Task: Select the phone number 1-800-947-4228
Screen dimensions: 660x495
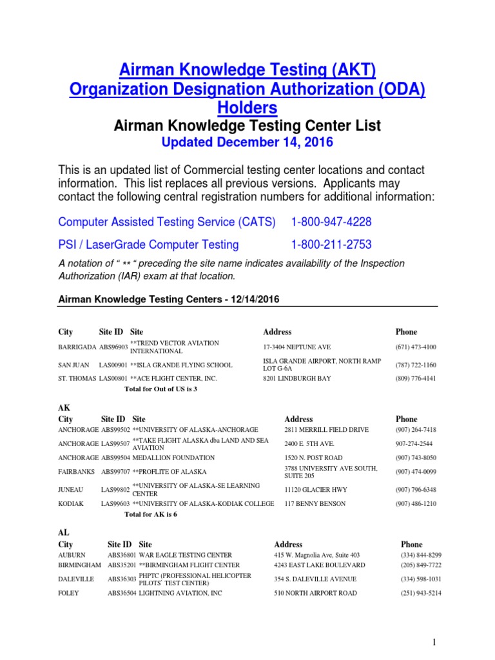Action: click(x=331, y=222)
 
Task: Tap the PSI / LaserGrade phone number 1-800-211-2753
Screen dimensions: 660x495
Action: click(x=331, y=245)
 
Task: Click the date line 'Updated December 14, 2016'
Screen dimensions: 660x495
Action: click(x=247, y=141)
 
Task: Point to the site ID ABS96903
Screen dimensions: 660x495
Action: click(x=113, y=347)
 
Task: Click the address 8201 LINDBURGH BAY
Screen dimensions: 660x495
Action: click(x=296, y=378)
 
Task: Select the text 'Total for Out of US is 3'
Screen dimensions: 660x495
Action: click(x=160, y=389)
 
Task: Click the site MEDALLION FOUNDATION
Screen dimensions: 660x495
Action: click(x=173, y=458)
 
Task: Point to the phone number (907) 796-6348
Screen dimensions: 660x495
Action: click(x=416, y=490)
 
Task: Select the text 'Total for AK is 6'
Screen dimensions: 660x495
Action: click(x=150, y=515)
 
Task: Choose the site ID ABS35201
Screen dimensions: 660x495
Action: click(x=122, y=565)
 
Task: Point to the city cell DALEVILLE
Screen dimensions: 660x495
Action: click(x=76, y=579)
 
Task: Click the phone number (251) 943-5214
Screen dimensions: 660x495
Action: click(x=421, y=593)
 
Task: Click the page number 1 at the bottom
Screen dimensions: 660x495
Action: click(x=435, y=643)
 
